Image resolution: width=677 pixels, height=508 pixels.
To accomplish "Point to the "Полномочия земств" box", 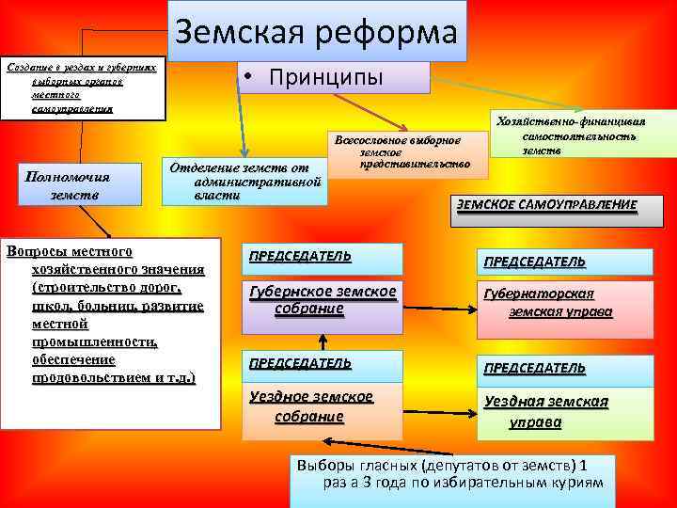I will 69,185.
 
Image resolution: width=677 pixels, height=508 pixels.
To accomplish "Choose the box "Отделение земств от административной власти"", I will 246,179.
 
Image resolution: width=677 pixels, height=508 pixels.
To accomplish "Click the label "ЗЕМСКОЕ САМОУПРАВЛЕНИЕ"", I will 546,205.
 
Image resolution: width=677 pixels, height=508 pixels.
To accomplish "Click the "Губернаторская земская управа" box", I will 561,303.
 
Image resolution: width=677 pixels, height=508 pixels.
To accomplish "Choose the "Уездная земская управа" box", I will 561,410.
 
